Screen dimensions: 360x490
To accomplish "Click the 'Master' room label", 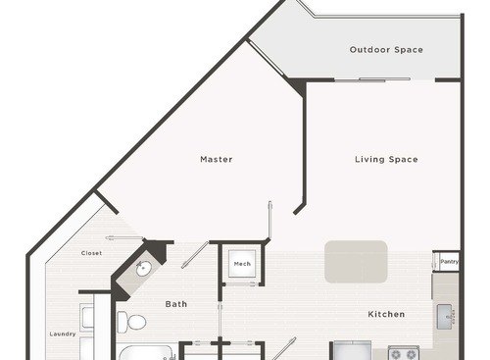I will [216, 159].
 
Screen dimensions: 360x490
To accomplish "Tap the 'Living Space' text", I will [386, 159].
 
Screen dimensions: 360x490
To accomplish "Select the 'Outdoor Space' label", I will [386, 49].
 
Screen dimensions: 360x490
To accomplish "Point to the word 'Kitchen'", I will [386, 315].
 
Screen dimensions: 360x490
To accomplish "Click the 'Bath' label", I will [175, 304].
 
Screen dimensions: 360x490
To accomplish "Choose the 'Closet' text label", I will [91, 253].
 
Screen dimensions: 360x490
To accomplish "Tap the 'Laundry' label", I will [62, 334].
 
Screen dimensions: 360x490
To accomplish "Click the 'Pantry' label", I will [449, 262].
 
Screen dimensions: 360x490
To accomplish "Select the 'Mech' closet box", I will [241, 264].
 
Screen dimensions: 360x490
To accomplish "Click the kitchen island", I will [356, 261].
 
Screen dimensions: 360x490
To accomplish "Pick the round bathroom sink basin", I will [143, 268].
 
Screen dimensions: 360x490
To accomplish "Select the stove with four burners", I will [403, 352].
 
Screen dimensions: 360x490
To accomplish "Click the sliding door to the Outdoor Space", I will [358, 79].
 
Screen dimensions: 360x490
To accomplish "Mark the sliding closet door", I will [124, 240].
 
